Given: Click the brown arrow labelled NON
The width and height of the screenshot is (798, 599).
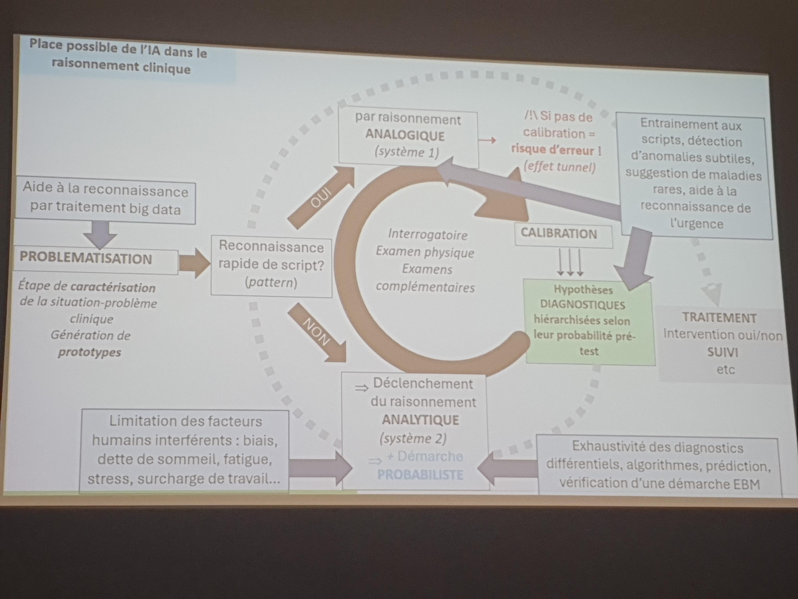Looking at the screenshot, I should [317, 332].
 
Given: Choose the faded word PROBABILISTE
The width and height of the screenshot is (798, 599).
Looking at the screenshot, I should [420, 474].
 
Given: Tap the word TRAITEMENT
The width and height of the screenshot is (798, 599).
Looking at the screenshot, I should [719, 318].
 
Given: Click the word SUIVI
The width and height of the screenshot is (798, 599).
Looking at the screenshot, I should [722, 352].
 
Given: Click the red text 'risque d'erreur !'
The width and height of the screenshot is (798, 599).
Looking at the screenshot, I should [556, 150].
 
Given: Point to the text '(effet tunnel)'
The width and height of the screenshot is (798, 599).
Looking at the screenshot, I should [559, 167].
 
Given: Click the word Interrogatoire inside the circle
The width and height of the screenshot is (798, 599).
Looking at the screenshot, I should [427, 235].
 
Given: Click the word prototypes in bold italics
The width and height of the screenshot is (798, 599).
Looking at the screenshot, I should [90, 352].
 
